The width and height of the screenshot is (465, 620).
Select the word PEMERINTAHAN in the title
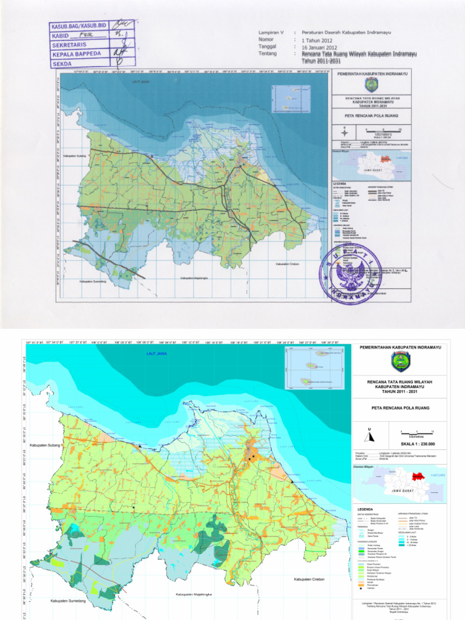[x=380, y=348]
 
